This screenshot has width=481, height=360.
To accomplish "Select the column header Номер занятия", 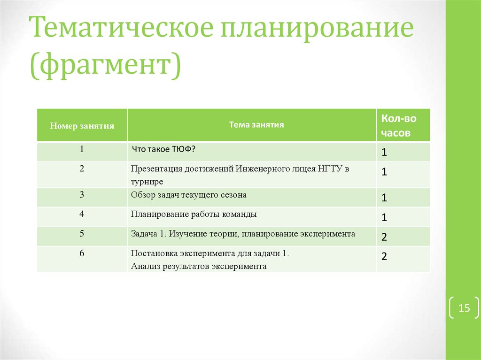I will click(82, 126).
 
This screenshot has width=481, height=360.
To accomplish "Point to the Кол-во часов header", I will click(398, 125).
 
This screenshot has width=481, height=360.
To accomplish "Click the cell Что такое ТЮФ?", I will click(163, 149).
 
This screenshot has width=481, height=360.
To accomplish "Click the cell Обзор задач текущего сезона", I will click(189, 194).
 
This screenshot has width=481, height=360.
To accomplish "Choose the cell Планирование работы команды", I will click(194, 214).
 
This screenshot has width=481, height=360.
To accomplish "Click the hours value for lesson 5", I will click(384, 237).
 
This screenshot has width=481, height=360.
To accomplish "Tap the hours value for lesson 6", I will click(384, 257).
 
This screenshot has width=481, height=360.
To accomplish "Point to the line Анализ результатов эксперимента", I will click(199, 266).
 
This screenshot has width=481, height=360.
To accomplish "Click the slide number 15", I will click(464, 308).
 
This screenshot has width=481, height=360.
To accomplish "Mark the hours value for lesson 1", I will click(384, 153).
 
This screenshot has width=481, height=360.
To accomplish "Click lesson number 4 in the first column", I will click(82, 214).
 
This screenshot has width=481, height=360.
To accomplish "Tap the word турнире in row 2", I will click(147, 181).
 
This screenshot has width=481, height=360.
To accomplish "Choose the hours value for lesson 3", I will click(384, 198).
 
